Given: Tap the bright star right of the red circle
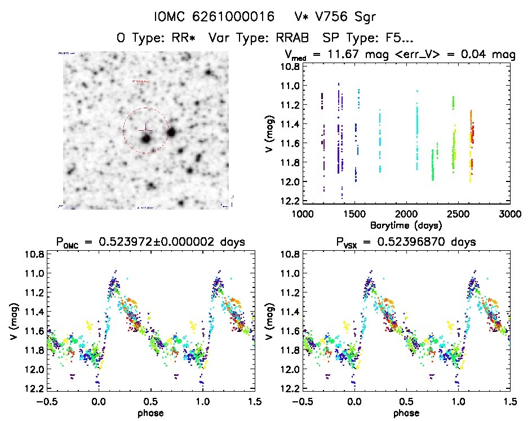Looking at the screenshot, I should pyautogui.click(x=171, y=133).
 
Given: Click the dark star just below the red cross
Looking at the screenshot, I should pyautogui.click(x=146, y=138).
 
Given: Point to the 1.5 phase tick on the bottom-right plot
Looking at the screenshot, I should pyautogui.click(x=511, y=401).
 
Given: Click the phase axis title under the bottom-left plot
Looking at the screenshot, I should pyautogui.click(x=150, y=413).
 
